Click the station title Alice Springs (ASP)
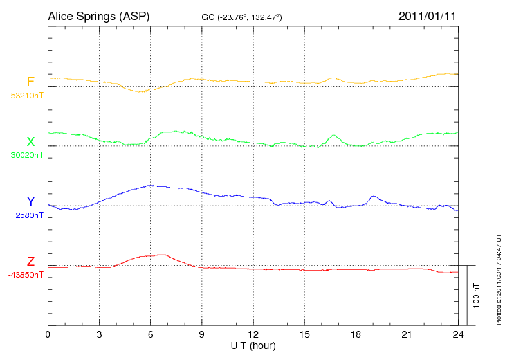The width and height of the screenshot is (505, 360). click(x=98, y=16)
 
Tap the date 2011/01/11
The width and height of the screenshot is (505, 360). click(x=428, y=16)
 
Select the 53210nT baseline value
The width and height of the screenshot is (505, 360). click(x=26, y=96)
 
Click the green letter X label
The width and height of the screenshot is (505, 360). click(x=30, y=142)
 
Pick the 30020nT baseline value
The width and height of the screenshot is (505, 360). click(x=26, y=155)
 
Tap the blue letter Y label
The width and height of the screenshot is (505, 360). click(x=30, y=201)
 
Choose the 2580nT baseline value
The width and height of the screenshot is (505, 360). click(x=29, y=215)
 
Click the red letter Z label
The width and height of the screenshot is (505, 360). click(x=30, y=262)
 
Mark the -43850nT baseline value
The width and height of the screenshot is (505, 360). click(x=26, y=275)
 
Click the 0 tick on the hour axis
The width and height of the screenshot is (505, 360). click(x=48, y=334)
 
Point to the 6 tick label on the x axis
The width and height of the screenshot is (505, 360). click(x=150, y=334)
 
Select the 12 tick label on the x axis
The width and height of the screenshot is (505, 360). click(x=253, y=334)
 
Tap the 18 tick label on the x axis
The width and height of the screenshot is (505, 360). click(x=356, y=334)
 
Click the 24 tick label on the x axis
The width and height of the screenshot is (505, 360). click(x=458, y=334)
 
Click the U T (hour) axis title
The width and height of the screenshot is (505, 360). click(x=253, y=345)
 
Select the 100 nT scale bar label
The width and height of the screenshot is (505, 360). click(x=477, y=295)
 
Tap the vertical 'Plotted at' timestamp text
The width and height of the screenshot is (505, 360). click(x=498, y=280)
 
